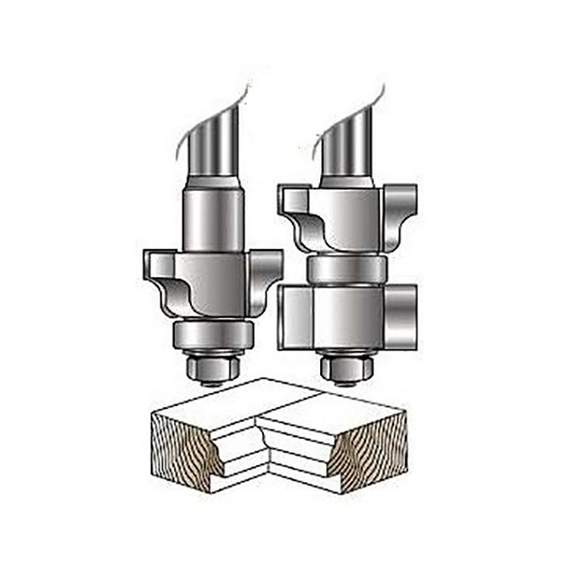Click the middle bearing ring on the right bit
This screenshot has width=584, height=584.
[346, 268]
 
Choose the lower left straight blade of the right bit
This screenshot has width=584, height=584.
[295, 316]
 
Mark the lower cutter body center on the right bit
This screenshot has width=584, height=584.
[347, 316]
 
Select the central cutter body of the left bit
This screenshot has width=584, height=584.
[212, 283]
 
